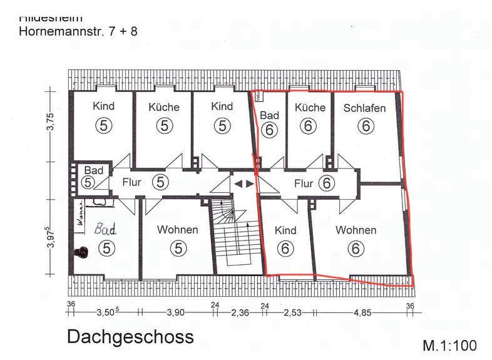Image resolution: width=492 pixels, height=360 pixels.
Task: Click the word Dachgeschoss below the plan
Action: [130, 337]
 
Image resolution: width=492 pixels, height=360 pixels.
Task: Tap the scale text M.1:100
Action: [449, 345]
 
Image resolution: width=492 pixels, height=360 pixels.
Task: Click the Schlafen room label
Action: [364, 108]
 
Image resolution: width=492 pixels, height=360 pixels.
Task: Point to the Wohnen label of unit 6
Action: [356, 230]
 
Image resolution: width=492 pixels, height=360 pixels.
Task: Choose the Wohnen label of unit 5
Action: [177, 229]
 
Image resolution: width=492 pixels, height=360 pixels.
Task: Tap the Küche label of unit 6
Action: [310, 107]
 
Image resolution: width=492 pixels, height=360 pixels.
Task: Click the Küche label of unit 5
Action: [164, 107]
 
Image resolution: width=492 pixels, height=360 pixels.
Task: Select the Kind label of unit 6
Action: [285, 230]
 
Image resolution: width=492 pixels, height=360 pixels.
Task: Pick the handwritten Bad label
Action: [105, 229]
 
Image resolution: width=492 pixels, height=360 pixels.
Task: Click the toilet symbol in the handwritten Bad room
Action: [81, 252]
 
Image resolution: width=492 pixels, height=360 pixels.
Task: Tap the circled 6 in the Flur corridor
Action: [325, 183]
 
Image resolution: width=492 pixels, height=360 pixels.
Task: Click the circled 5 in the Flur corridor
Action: [161, 182]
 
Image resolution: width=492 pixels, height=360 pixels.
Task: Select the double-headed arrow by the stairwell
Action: [244, 184]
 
